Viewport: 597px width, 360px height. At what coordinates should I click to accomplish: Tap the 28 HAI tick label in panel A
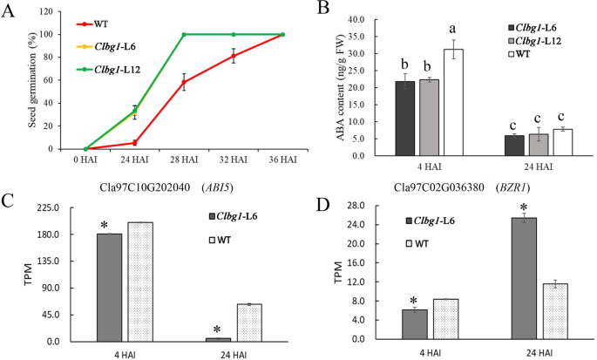point(185,160)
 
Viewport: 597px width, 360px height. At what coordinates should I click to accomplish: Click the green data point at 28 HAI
point(185,35)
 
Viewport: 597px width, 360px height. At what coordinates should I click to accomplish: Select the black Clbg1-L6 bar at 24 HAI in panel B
point(515,146)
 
